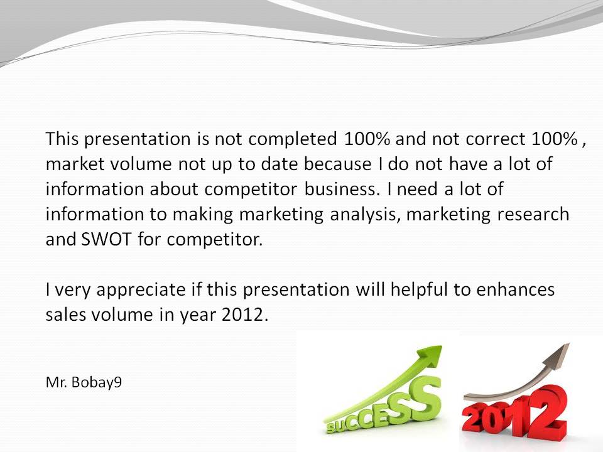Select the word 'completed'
pyautogui.click(x=293, y=139)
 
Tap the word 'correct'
pyautogui.click(x=496, y=139)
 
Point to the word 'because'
pyautogui.click(x=338, y=164)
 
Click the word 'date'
pyautogui.click(x=279, y=164)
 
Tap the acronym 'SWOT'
pyautogui.click(x=107, y=239)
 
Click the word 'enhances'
pyautogui.click(x=515, y=289)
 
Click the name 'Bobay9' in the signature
pyautogui.click(x=97, y=382)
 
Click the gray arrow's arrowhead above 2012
pyautogui.click(x=558, y=352)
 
